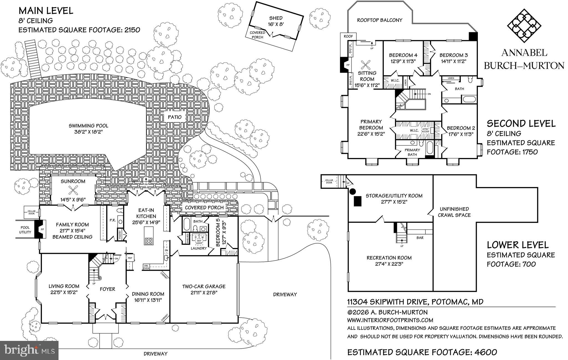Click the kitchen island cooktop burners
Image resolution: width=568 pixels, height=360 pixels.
click(x=149, y=241)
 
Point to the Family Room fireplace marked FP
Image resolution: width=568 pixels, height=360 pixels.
click(x=42, y=229)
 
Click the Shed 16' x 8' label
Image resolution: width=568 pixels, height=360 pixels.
click(x=276, y=21)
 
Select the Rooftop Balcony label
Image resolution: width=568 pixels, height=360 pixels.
click(x=379, y=20)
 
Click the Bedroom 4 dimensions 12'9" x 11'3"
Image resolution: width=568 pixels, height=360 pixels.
click(x=403, y=61)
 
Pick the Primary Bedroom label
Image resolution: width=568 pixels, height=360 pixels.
click(x=371, y=125)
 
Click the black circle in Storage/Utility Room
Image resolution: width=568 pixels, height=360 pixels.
click(x=353, y=191)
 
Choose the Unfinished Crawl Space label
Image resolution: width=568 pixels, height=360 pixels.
click(x=454, y=212)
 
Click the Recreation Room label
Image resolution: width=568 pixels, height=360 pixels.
click(x=389, y=258)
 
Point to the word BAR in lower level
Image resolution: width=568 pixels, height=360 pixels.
click(x=420, y=238)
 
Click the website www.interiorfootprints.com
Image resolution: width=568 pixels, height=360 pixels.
click(x=390, y=320)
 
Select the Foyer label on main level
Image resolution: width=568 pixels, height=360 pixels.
click(x=107, y=289)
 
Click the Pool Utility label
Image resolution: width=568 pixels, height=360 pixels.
click(x=25, y=230)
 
